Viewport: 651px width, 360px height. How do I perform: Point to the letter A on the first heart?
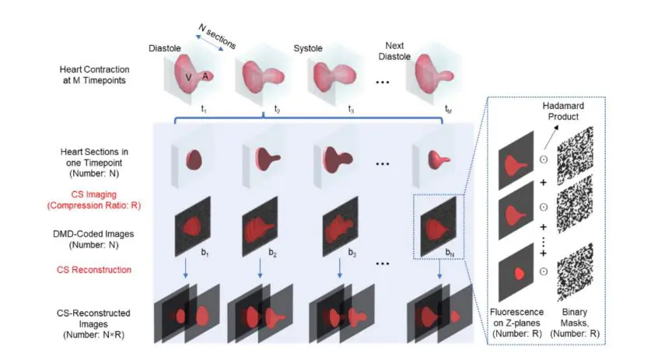pyautogui.click(x=205, y=75)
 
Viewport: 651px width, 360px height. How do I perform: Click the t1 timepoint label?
pyautogui.click(x=204, y=110)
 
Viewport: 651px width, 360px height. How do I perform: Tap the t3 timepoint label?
pyautogui.click(x=351, y=110)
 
